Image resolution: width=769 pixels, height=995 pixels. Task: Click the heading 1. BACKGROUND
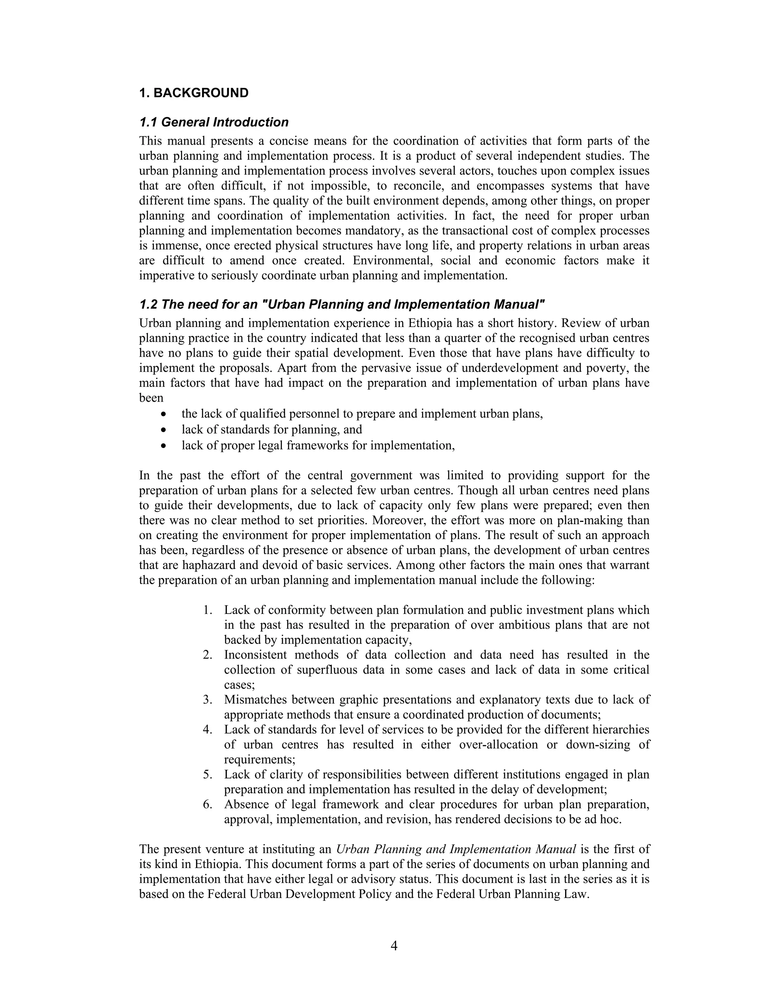(x=194, y=93)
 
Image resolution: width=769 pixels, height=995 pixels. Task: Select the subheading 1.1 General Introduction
(x=214, y=122)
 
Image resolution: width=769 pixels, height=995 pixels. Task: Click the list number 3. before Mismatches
(x=208, y=700)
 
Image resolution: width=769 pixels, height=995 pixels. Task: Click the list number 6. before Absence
(x=208, y=804)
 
